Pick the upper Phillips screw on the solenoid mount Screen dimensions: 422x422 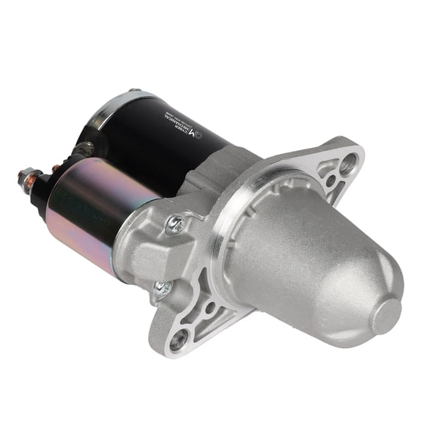tap(175, 224)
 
